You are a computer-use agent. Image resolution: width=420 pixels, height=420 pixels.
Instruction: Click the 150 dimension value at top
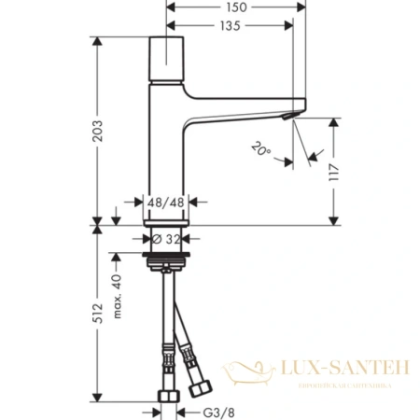click(236, 7)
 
